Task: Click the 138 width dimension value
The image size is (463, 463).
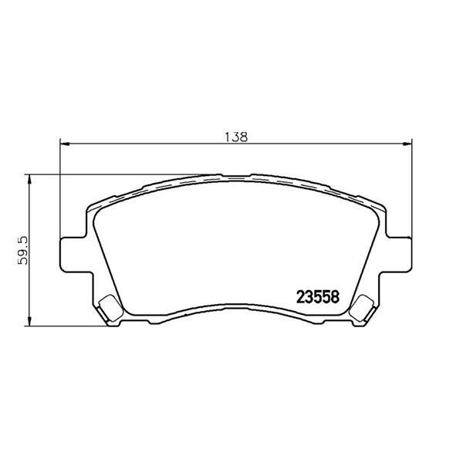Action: [236, 137]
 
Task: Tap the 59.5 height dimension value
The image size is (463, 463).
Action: [22, 250]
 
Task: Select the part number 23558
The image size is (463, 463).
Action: [318, 297]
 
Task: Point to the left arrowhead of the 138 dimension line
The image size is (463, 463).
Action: [65, 144]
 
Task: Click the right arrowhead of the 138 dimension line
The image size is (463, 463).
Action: [407, 144]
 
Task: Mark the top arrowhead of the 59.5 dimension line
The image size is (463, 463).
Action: [29, 179]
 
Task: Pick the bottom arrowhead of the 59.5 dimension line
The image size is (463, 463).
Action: [29, 321]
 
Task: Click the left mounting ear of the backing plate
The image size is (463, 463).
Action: [74, 255]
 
